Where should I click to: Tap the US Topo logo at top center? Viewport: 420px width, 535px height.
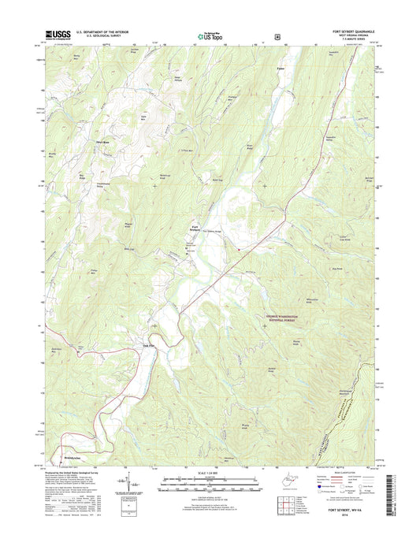coord(208,35)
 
